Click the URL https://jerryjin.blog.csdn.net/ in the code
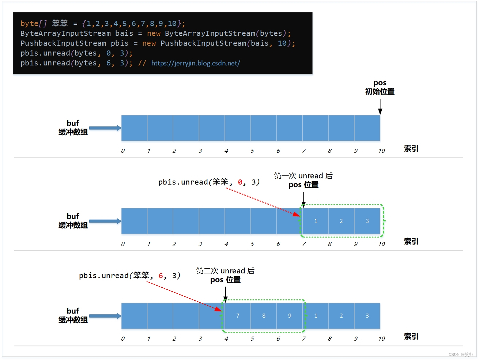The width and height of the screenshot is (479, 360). pos(196,63)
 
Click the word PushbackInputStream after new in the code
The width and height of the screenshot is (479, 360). pos(203,43)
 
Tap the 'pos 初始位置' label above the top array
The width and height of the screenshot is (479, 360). pos(380,87)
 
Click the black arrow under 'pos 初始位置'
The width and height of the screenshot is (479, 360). pos(380,107)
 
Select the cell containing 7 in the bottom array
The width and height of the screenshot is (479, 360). pos(238,316)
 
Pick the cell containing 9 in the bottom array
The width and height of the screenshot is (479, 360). pos(290,316)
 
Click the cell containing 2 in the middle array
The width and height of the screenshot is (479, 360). pos(341,221)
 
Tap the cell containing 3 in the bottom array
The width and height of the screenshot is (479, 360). pos(367,316)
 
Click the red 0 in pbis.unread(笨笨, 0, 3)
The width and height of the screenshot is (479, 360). pos(240,182)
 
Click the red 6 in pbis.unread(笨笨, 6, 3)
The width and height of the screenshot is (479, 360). pos(161,276)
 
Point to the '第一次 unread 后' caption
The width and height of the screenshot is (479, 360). pos(303,176)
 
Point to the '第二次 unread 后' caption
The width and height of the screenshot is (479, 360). pos(225,271)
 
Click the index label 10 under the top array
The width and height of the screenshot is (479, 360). pos(382,151)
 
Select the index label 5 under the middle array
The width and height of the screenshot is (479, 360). pos(252,244)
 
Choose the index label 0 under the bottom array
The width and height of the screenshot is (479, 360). pos(123,339)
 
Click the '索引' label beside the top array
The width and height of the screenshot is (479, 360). pos(411,149)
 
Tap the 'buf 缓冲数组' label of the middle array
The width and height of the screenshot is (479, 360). pos(73,221)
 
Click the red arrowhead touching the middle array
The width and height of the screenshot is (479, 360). pos(297,215)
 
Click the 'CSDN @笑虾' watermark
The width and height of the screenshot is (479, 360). pos(461,355)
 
